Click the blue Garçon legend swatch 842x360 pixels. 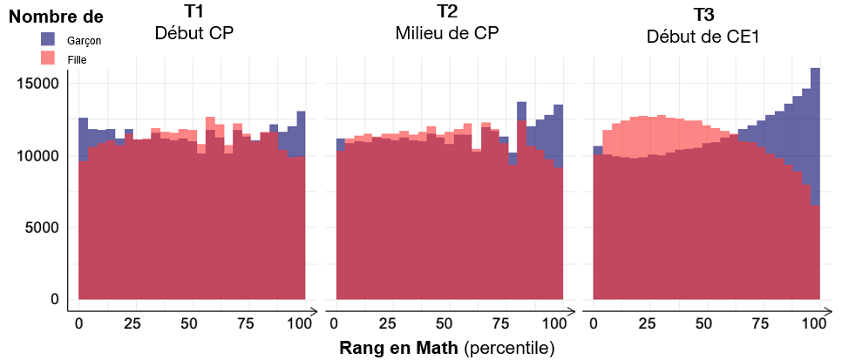point(49,39)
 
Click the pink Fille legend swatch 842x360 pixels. point(49,58)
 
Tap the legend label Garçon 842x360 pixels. point(84,41)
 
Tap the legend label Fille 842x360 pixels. point(77,59)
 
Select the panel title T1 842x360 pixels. point(194,14)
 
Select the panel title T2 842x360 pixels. point(447,13)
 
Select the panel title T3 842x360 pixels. point(703,15)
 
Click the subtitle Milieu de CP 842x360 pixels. point(447,33)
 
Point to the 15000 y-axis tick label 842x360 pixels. point(37,84)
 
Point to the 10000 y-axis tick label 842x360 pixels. point(37,156)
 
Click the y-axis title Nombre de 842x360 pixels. point(56,17)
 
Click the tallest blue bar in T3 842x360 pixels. point(815,131)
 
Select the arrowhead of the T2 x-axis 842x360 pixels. point(570,310)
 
